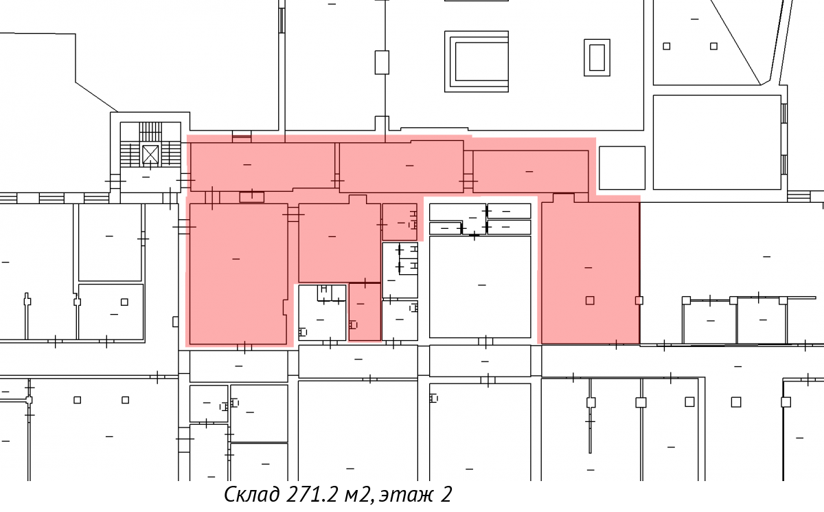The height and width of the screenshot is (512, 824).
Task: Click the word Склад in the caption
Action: pos(252,494)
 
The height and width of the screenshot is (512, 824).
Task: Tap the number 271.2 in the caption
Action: pos(311,494)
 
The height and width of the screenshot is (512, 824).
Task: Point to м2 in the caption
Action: pos(356,495)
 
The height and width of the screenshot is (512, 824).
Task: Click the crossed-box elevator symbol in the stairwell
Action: pos(150,154)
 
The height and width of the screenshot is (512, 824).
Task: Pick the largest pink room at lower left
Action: pos(238,274)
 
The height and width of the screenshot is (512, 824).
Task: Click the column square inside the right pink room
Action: pos(590,301)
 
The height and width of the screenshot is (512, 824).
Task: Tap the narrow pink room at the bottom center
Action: pos(365,312)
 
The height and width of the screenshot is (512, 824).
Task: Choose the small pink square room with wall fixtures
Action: pos(400,222)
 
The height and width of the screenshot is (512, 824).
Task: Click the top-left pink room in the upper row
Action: pos(262,167)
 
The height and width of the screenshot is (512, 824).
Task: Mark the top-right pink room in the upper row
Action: pos(530,172)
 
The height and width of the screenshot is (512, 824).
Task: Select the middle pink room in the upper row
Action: pos(401,167)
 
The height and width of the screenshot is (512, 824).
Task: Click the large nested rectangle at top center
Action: pos(477,61)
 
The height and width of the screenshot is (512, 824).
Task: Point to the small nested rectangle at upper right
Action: pos(597,58)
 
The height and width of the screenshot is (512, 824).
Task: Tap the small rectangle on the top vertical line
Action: pos(382,63)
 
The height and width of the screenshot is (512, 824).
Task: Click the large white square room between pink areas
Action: pos(480,287)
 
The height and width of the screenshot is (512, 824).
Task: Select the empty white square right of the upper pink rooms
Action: pos(622,168)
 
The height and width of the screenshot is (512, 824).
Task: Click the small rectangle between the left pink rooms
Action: pos(251,197)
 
